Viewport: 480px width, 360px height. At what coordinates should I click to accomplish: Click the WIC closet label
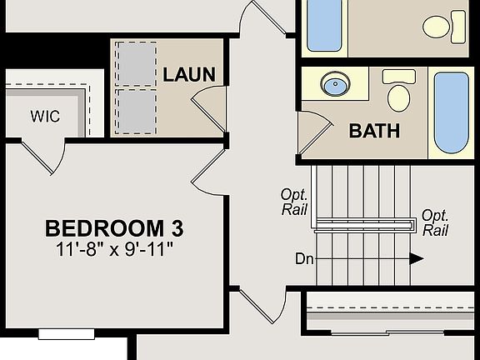click(x=45, y=117)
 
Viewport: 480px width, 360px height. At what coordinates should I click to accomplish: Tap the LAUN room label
click(x=188, y=74)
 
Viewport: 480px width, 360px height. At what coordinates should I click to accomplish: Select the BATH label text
click(x=374, y=131)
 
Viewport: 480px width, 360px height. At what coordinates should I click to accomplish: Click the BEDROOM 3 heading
click(x=114, y=227)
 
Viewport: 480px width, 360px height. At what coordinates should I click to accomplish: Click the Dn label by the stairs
click(x=304, y=258)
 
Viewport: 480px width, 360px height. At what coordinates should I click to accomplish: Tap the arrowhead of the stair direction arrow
click(x=416, y=258)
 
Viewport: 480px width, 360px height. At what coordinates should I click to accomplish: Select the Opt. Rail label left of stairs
click(x=295, y=202)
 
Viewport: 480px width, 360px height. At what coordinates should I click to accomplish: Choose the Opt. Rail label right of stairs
click(x=435, y=222)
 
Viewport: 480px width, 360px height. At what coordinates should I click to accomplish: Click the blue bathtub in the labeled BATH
click(x=452, y=112)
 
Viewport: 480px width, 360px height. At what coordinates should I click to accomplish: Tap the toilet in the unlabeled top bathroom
click(x=443, y=26)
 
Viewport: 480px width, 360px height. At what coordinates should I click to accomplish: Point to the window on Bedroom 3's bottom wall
click(x=67, y=334)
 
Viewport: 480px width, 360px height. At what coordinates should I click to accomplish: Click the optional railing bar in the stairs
click(x=366, y=223)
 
